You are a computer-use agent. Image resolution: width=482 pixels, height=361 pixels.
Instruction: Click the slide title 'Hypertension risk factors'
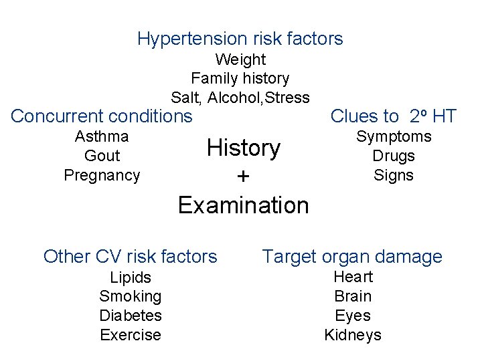click(240, 39)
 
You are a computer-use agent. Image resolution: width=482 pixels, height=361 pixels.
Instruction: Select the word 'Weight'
click(240, 59)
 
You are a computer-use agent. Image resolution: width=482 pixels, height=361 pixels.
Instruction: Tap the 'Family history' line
click(240, 79)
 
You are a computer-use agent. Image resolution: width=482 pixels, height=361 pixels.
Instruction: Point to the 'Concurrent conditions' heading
click(102, 116)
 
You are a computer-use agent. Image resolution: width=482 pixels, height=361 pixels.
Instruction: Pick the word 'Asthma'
click(102, 136)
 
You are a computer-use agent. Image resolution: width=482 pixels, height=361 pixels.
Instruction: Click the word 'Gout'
click(102, 156)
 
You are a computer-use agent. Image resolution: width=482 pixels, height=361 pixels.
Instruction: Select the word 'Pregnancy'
click(102, 175)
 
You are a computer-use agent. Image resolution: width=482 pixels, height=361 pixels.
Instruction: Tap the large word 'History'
click(244, 148)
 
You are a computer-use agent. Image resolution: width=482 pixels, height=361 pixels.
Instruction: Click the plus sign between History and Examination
click(244, 176)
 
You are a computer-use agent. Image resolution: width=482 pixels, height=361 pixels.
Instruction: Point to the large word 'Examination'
click(244, 205)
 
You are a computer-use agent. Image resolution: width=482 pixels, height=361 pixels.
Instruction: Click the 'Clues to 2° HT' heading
click(394, 116)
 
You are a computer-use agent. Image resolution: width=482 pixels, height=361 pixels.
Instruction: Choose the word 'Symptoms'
click(394, 136)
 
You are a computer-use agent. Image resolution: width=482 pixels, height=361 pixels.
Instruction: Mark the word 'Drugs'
click(394, 156)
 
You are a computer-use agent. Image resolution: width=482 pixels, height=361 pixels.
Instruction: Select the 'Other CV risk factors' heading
click(131, 256)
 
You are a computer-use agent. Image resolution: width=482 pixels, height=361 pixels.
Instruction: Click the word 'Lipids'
click(131, 277)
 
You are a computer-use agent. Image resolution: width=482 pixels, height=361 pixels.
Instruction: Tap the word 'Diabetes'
click(131, 316)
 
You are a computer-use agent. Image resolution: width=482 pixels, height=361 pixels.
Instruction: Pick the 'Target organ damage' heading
click(352, 256)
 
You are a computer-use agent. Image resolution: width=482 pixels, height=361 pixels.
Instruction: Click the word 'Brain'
click(353, 296)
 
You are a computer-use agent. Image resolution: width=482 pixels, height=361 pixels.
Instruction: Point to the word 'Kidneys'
click(353, 335)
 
